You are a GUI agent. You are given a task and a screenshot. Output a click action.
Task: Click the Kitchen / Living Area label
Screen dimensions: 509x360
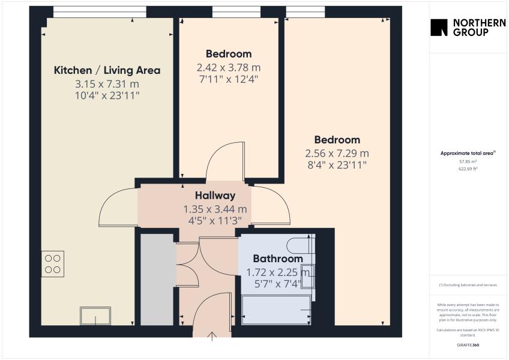107,70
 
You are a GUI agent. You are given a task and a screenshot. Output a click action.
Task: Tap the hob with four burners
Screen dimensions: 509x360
53,264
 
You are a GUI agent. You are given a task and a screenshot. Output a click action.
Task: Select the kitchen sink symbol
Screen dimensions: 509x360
95,316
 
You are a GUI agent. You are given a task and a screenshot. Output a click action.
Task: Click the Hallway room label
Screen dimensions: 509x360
215,196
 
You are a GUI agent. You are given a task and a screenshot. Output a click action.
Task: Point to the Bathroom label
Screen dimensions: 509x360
277,259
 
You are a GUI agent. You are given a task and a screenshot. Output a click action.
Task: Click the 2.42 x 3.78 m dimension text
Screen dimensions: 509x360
229,68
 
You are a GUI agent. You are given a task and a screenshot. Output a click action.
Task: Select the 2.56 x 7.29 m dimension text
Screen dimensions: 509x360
337,153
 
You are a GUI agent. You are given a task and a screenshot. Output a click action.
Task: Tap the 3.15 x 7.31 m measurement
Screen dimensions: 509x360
107,84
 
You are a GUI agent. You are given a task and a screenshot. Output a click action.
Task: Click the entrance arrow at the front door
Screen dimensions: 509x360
212,337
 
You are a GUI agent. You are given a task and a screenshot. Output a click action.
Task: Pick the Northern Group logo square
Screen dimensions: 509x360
439,27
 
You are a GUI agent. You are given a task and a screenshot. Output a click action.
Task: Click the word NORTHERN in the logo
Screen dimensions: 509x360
479,23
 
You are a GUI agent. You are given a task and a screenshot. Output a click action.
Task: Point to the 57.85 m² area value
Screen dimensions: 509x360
468,161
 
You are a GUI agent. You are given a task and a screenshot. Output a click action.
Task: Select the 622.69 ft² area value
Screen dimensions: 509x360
468,169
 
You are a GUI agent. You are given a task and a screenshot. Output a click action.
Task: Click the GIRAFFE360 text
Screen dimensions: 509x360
468,345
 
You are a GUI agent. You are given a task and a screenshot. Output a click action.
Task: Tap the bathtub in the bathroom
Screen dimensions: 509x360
276,310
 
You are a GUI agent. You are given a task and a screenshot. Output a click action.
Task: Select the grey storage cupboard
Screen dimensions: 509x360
157,280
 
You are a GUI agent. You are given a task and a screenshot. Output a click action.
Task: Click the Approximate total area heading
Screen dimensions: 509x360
468,153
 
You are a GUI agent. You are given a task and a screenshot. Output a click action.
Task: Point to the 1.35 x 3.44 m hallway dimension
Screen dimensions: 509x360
215,209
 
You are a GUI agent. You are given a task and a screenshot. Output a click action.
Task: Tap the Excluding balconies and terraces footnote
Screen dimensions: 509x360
468,285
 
